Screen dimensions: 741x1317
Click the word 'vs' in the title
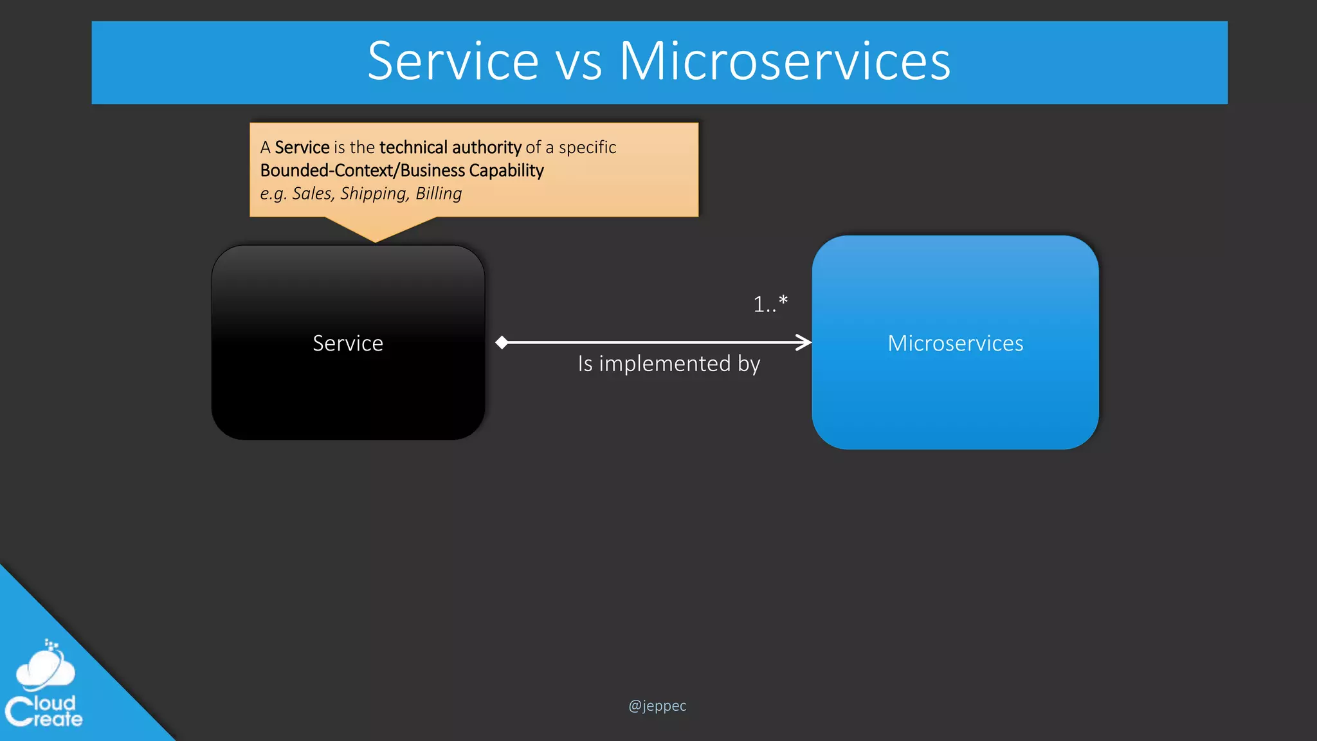click(x=579, y=62)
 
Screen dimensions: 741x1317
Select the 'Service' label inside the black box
click(x=348, y=343)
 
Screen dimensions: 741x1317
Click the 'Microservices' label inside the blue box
click(x=955, y=343)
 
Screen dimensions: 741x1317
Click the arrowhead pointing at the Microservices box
click(x=804, y=342)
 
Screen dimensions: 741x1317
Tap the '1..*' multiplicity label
click(x=770, y=304)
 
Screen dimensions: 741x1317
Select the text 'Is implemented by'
click(x=669, y=364)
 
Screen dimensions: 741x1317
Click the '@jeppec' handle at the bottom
click(x=657, y=706)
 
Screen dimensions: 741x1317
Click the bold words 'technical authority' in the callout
click(x=450, y=147)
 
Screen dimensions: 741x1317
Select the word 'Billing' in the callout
click(x=439, y=194)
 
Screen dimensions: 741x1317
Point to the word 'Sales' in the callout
click(x=313, y=194)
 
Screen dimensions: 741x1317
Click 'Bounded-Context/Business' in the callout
click(x=362, y=170)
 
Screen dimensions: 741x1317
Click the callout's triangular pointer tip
click(x=376, y=239)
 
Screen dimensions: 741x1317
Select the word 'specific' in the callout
click(x=587, y=147)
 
